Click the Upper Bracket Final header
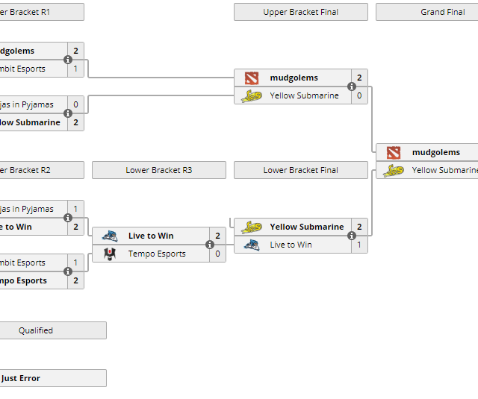pyautogui.click(x=300, y=12)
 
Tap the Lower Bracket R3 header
pyautogui.click(x=158, y=170)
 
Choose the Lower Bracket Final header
pyautogui.click(x=300, y=170)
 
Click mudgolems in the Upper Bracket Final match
pyautogui.click(x=294, y=78)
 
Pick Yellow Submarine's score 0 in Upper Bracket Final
pyautogui.click(x=359, y=95)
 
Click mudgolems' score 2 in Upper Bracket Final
pyautogui.click(x=359, y=78)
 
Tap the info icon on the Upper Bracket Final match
pyautogui.click(x=352, y=87)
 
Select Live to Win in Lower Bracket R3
pyautogui.click(x=150, y=236)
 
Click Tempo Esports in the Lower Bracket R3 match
pyautogui.click(x=156, y=254)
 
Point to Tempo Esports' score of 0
pyautogui.click(x=217, y=254)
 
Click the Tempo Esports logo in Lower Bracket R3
pyautogui.click(x=109, y=254)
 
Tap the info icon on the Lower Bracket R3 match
pyautogui.click(x=210, y=245)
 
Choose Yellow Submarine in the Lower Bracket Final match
pyautogui.click(x=306, y=227)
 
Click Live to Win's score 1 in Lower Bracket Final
pyautogui.click(x=359, y=245)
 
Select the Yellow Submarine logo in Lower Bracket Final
pyautogui.click(x=252, y=227)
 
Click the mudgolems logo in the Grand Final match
pyautogui.click(x=394, y=152)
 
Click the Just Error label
pyautogui.click(x=21, y=378)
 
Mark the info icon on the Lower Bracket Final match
pyautogui.click(x=352, y=236)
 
